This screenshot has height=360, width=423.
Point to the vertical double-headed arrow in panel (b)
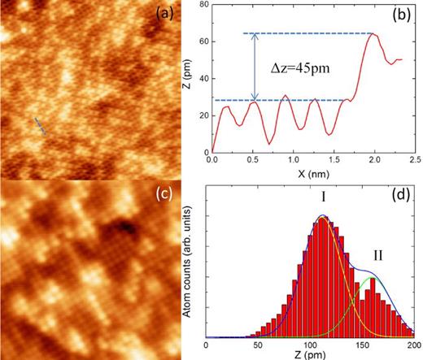[254, 67]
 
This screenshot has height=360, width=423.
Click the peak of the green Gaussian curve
[372, 278]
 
